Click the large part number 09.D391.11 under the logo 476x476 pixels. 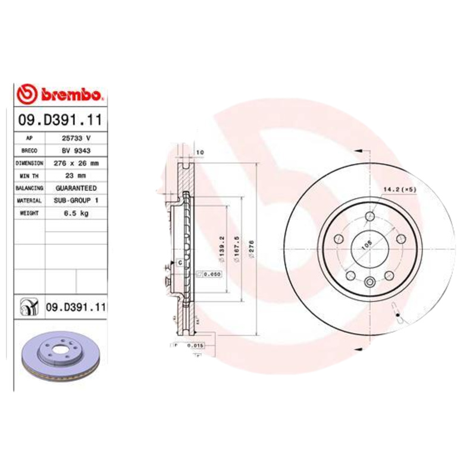pyautogui.click(x=61, y=120)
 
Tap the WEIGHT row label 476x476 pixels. pyautogui.click(x=29, y=213)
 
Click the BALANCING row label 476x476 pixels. pyautogui.click(x=29, y=188)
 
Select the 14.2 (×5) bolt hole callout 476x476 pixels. pyautogui.click(x=398, y=189)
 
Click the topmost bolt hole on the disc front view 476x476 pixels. pyautogui.click(x=369, y=216)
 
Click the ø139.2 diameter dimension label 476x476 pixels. pyautogui.click(x=221, y=246)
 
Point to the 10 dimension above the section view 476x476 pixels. pyautogui.click(x=200, y=153)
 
